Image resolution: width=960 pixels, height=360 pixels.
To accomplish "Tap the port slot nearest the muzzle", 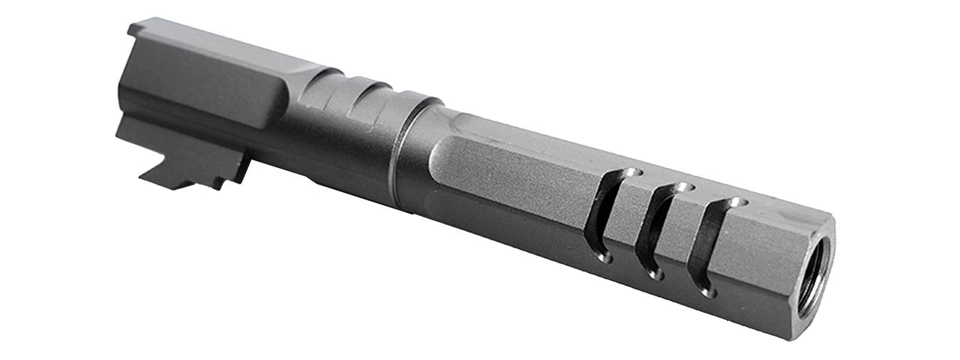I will coord(706,246).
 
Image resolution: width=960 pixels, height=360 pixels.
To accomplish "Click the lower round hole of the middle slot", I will coord(655,274).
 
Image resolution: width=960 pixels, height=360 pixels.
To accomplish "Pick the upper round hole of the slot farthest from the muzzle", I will coord(634,172).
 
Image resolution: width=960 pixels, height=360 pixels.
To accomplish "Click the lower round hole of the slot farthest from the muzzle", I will coord(605,257).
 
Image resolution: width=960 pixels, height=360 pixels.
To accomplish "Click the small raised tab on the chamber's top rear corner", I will coord(137,28).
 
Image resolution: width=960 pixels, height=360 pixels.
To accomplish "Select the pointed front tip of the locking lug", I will coord(145,179).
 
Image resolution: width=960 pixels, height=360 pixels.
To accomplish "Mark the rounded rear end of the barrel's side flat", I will coord(439,161).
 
